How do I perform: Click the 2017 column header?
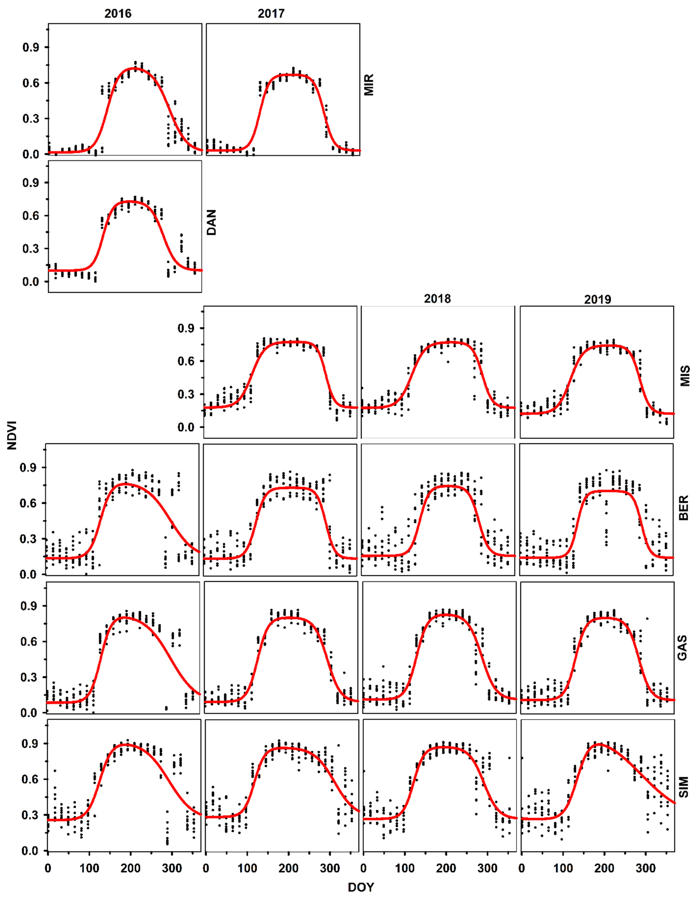click(x=271, y=14)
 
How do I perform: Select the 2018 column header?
click(x=437, y=299)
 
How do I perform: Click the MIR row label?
click(x=369, y=85)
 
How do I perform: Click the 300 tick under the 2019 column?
click(x=645, y=869)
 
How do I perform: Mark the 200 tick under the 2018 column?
click(x=446, y=869)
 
